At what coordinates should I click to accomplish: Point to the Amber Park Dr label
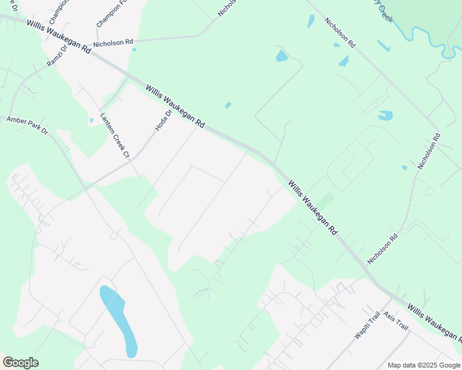(27, 123)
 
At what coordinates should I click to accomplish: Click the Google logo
(20, 363)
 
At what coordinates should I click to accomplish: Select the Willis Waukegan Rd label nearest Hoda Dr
(175, 106)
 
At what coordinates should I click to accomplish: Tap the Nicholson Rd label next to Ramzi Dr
(113, 43)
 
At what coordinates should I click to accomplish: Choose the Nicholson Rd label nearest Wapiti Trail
(383, 249)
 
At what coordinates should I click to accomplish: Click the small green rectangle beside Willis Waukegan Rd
(325, 201)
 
